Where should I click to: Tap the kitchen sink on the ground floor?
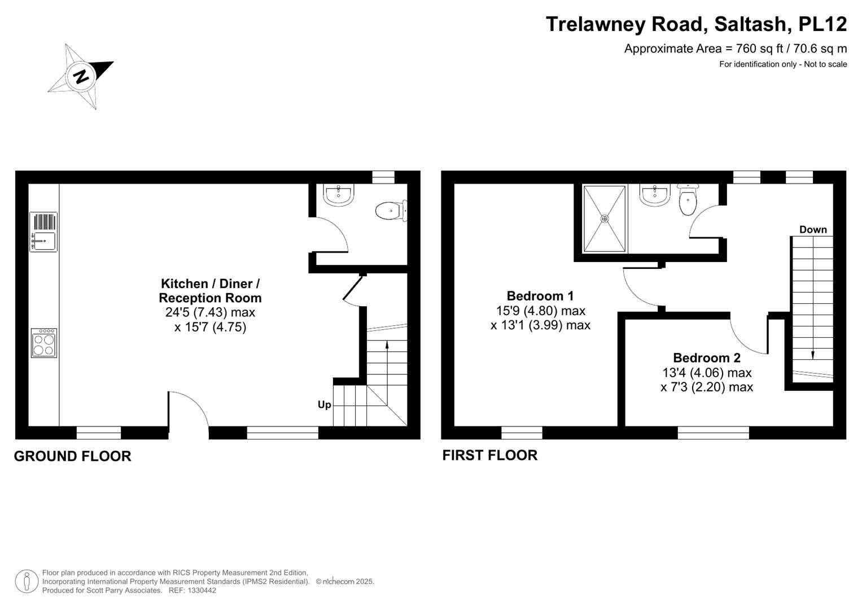click(43, 241)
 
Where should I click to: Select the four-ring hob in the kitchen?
click(44, 343)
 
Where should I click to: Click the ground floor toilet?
click(389, 211)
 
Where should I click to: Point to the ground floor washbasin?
click(339, 194)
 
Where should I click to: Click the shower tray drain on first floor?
click(605, 219)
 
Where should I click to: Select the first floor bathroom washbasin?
click(655, 195)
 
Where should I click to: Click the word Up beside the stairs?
click(324, 404)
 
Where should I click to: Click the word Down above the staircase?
click(813, 229)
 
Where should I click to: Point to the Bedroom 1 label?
click(540, 295)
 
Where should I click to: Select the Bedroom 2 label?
click(707, 358)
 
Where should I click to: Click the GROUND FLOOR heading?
click(72, 456)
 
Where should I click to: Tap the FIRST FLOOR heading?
click(489, 455)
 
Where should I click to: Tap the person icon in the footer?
click(27, 581)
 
